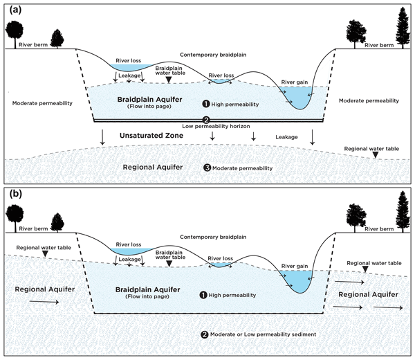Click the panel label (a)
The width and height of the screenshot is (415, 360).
(12, 10)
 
